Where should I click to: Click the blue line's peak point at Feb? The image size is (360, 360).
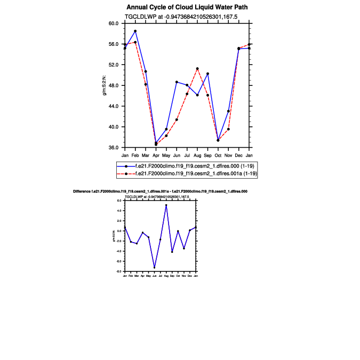pyautogui.click(x=135, y=31)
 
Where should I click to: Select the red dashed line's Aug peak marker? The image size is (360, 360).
pyautogui.click(x=197, y=68)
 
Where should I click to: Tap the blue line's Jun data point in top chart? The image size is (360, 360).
pyautogui.click(x=177, y=82)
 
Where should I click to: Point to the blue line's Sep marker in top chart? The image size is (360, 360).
pyautogui.click(x=207, y=74)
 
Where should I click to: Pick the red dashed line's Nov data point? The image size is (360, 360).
pyautogui.click(x=228, y=129)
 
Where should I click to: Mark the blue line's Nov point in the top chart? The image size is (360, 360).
pyautogui.click(x=228, y=111)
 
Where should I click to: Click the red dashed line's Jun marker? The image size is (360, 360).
pyautogui.click(x=177, y=119)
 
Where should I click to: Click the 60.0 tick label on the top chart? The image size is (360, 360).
pyautogui.click(x=113, y=23)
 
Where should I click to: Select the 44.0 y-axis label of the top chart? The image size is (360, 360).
pyautogui.click(x=113, y=106)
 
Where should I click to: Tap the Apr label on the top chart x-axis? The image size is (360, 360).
pyautogui.click(x=156, y=155)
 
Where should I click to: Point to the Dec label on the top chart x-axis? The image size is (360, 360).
pyautogui.click(x=238, y=155)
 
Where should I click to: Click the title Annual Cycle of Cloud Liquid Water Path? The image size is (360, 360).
pyautogui.click(x=187, y=7)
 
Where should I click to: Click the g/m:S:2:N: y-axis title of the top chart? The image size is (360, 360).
pyautogui.click(x=105, y=85)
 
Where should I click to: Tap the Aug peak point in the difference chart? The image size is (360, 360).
pyautogui.click(x=166, y=205)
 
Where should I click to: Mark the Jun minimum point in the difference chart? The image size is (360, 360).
pyautogui.click(x=154, y=268)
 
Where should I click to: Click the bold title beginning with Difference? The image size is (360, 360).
pyautogui.click(x=160, y=191)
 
